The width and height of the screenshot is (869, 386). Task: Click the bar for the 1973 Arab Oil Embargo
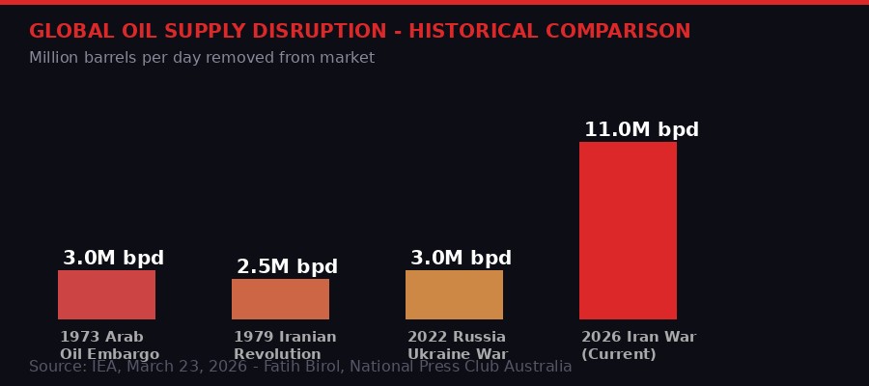(x=106, y=294)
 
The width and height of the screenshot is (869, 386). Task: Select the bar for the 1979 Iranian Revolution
(x=280, y=298)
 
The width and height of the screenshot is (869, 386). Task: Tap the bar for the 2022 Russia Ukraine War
(x=454, y=294)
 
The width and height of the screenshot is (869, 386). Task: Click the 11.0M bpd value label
(x=641, y=130)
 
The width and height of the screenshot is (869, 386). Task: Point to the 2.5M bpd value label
(x=287, y=267)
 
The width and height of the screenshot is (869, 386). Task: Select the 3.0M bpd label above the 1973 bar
(x=113, y=259)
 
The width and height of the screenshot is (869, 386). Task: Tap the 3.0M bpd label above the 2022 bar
(x=461, y=259)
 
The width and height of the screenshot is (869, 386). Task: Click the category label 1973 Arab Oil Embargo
(x=109, y=345)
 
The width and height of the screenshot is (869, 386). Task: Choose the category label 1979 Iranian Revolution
(x=285, y=345)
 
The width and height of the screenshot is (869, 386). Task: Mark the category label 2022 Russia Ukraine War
(x=457, y=345)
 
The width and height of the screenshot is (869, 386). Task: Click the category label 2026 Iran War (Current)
(x=638, y=345)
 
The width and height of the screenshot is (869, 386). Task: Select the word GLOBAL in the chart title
(x=65, y=32)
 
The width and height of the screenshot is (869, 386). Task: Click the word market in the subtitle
(x=348, y=58)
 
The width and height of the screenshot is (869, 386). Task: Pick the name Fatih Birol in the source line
(x=305, y=367)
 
